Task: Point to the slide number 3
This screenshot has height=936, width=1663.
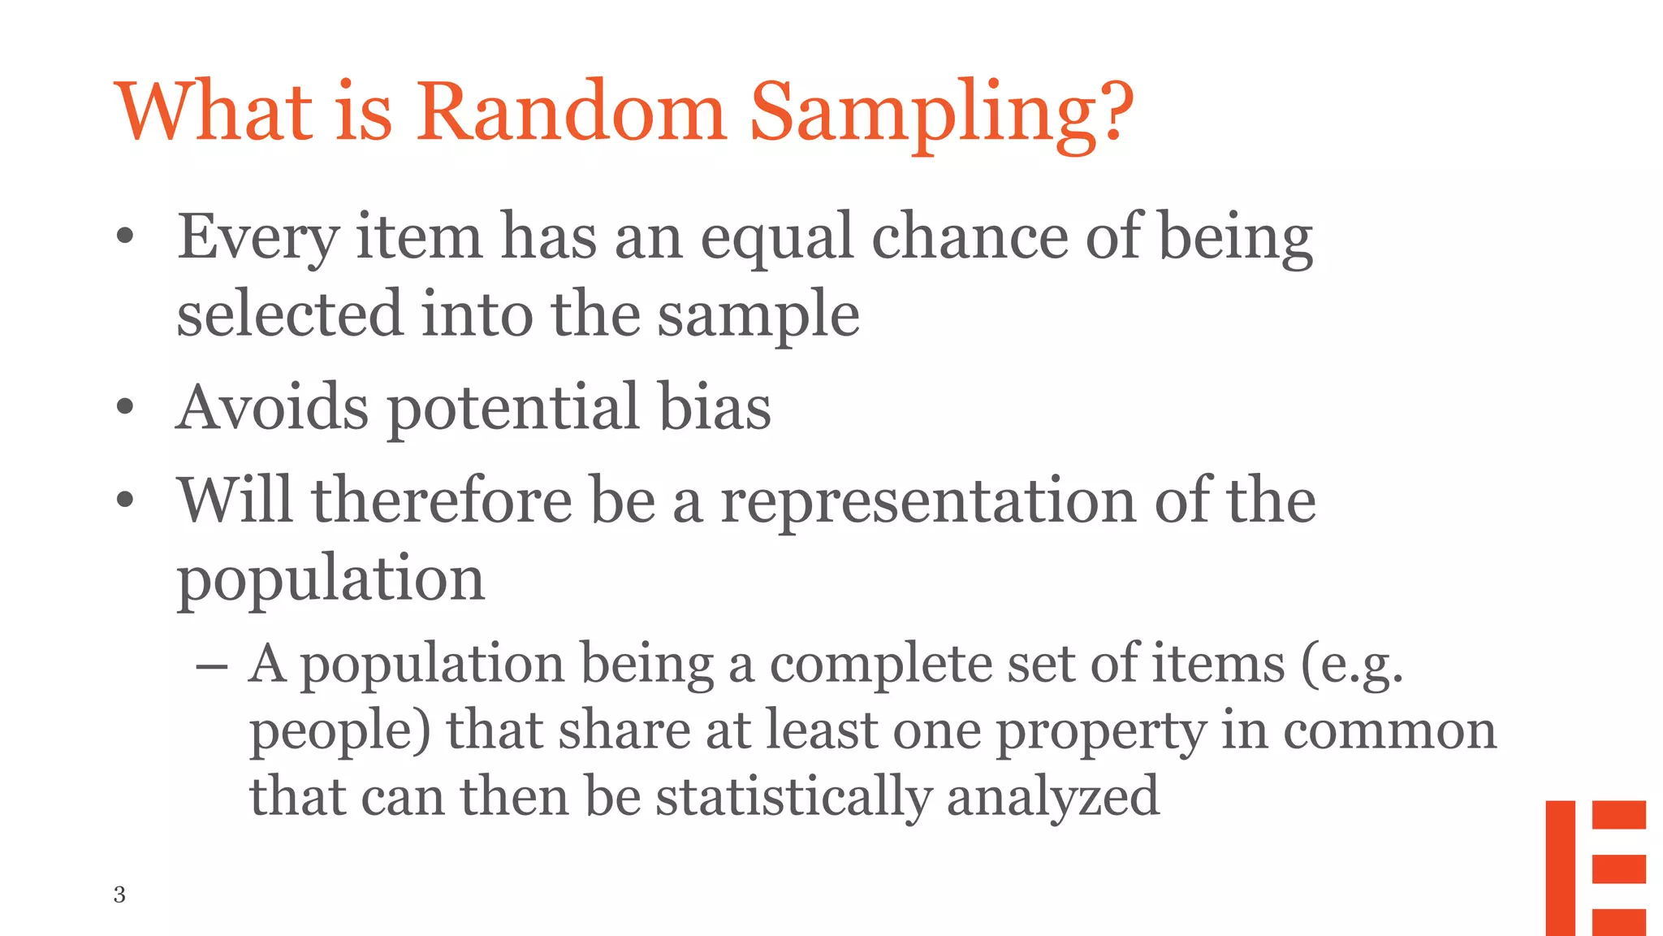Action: point(119,894)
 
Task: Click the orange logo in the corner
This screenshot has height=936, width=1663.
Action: point(1595,867)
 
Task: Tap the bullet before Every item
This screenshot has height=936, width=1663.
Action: point(124,237)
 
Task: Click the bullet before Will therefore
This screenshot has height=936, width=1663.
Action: point(124,500)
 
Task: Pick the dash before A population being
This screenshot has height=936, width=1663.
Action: point(211,666)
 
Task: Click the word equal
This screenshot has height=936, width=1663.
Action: point(777,239)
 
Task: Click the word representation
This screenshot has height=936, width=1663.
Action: point(928,501)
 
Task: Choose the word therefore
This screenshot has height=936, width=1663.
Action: point(442,500)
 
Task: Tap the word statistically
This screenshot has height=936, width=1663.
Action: point(793,797)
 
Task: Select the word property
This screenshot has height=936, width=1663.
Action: point(1100,732)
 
